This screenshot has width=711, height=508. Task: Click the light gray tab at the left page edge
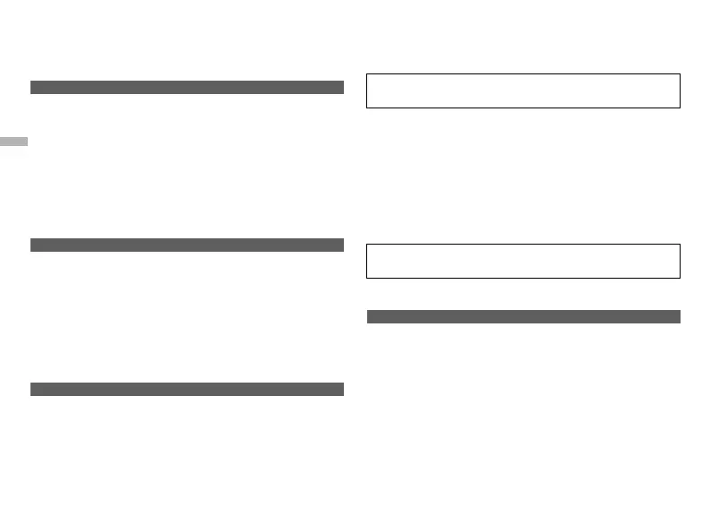point(14,142)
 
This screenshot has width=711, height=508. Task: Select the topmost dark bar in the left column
point(187,87)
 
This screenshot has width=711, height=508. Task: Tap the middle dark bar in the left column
point(187,245)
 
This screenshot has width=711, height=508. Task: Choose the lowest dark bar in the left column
point(187,389)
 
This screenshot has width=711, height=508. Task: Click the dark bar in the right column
point(524,316)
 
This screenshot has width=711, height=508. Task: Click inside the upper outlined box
point(524,90)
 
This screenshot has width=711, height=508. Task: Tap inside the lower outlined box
point(524,261)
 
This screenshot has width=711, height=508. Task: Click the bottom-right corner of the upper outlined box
point(680,108)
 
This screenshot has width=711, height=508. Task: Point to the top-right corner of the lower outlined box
point(680,245)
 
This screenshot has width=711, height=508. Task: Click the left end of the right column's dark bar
point(369,316)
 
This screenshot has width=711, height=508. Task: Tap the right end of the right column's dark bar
point(679,316)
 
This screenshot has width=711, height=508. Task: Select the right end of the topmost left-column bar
point(342,87)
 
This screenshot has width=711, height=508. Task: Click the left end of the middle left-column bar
point(32,245)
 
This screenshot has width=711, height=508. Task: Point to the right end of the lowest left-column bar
point(342,389)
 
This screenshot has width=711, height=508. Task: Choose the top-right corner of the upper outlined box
point(680,74)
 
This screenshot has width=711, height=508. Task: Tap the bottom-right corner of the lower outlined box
point(680,278)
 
